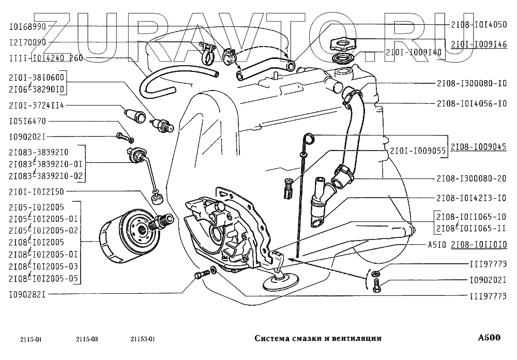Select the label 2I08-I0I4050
tap(479, 24)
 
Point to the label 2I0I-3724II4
tap(37, 106)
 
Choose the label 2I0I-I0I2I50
tap(37, 191)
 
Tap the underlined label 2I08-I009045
tap(479, 146)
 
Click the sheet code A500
tap(489, 338)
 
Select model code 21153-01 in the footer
tap(143, 339)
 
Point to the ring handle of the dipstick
tap(309, 138)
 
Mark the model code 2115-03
tap(86, 339)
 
